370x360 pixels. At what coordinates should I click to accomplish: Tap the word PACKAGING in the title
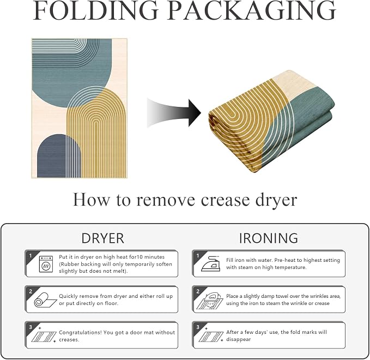(252, 10)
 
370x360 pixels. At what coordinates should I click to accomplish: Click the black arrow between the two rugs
(174, 113)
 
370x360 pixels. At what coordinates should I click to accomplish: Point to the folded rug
(271, 121)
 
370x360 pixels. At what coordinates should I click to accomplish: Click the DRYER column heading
(102, 238)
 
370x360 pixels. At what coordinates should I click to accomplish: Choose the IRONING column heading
(269, 238)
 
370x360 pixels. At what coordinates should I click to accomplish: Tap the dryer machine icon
(46, 264)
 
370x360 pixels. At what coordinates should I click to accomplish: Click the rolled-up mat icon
(45, 300)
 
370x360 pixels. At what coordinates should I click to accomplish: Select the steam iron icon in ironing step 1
(210, 263)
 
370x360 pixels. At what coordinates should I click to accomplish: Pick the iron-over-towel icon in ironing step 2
(210, 301)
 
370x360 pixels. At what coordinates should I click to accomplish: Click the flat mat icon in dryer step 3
(44, 335)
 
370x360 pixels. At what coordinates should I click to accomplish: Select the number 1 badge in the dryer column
(31, 256)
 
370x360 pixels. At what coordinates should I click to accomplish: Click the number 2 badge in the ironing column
(198, 291)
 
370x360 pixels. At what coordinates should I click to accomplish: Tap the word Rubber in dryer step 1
(69, 264)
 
